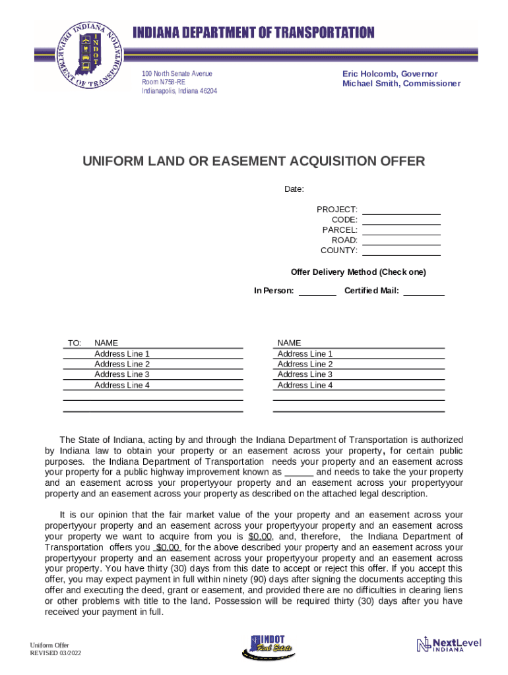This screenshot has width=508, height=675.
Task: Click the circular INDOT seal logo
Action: click(90, 57)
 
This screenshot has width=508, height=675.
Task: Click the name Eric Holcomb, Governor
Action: click(389, 74)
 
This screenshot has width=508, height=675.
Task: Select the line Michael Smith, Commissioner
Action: click(401, 84)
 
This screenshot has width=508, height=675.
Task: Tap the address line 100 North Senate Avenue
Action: click(177, 73)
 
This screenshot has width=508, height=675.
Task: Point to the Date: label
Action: click(294, 189)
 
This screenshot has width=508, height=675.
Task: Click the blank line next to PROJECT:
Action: click(401, 210)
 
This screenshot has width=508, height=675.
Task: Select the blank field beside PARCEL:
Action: click(401, 230)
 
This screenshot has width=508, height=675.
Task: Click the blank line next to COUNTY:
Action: click(401, 250)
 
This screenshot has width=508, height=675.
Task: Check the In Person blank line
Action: click(317, 291)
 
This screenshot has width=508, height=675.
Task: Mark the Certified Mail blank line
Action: click(424, 291)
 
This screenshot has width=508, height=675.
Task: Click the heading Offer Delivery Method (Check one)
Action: click(358, 272)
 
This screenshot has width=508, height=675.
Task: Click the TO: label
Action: click(74, 343)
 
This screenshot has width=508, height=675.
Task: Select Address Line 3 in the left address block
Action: click(122, 374)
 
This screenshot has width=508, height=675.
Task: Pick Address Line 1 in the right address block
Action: click(305, 353)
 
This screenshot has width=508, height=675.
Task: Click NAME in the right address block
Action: click(289, 343)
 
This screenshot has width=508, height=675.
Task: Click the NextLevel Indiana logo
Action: click(449, 644)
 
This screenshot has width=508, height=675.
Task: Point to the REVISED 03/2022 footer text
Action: click(56, 653)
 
